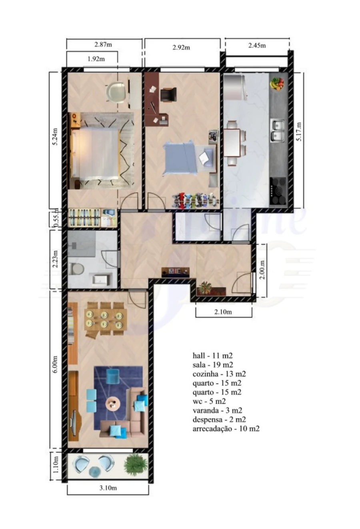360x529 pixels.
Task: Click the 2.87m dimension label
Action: [x=103, y=44]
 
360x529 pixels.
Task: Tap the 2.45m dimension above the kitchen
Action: [x=257, y=45]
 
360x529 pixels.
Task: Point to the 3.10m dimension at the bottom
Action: [x=108, y=488]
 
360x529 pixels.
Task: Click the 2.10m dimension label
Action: [x=223, y=312]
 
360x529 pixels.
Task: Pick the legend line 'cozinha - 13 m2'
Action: [x=219, y=374]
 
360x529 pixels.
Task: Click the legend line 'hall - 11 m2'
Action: [x=212, y=355]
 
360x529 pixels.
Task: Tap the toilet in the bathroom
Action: [x=76, y=268]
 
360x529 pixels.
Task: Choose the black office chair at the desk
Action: [x=168, y=95]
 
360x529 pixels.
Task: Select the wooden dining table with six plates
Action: [x=105, y=319]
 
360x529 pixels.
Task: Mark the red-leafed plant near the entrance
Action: [x=205, y=287]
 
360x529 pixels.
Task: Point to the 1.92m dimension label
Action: [x=96, y=59]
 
